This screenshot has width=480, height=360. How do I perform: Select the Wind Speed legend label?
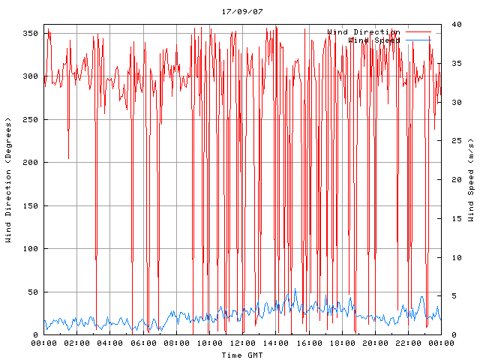373,40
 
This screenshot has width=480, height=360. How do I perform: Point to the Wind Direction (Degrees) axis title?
9,180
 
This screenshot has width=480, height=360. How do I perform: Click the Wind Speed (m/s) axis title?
471,180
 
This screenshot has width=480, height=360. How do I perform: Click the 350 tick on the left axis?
31,33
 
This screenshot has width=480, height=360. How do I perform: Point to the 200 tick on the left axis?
31,163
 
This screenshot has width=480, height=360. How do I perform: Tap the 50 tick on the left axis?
33,292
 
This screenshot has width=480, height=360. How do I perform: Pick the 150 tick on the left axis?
31,205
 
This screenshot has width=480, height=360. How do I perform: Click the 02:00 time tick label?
77,343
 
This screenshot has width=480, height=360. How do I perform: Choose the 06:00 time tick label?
143,343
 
